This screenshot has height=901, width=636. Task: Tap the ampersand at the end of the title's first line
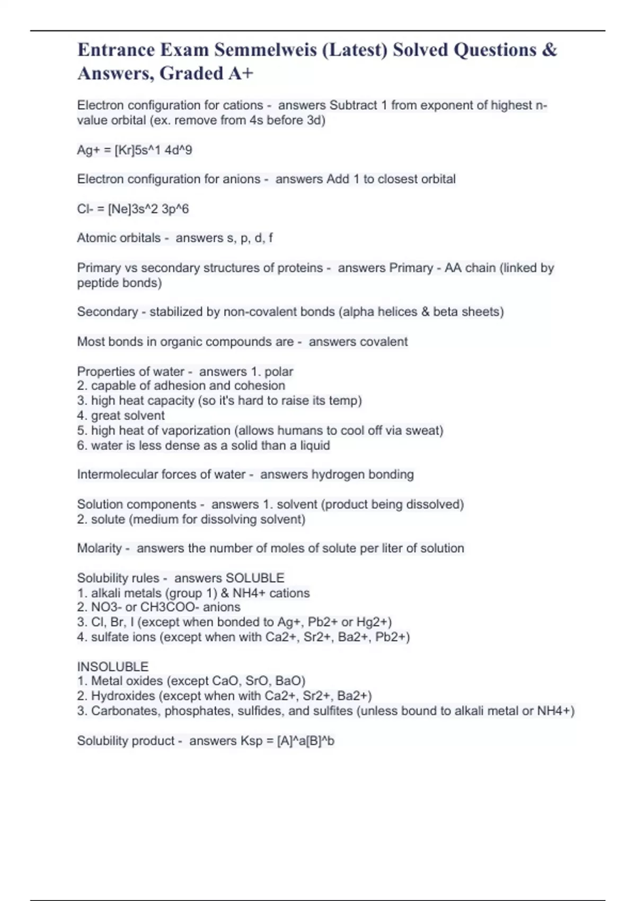pyautogui.click(x=550, y=50)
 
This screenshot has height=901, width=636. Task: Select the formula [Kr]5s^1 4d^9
pyautogui.click(x=153, y=150)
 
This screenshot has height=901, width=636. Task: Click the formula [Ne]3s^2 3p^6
pyautogui.click(x=148, y=209)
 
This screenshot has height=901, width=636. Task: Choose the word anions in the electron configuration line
pyautogui.click(x=242, y=179)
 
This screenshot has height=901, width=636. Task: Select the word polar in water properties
pyautogui.click(x=279, y=372)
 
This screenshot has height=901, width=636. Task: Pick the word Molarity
pyautogui.click(x=99, y=548)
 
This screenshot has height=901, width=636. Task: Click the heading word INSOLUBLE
pyautogui.click(x=112, y=666)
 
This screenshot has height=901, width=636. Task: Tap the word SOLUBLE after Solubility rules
pyautogui.click(x=255, y=578)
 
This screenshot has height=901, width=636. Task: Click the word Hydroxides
pyautogui.click(x=123, y=696)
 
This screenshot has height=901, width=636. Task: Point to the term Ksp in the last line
pyautogui.click(x=251, y=741)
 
